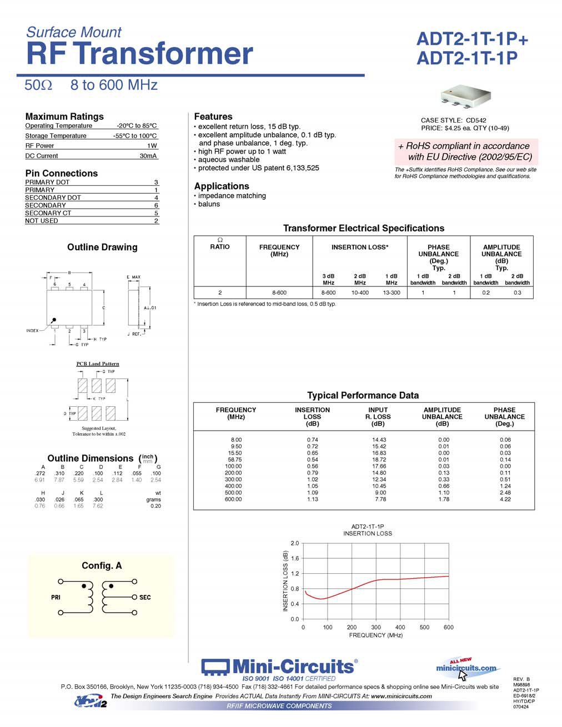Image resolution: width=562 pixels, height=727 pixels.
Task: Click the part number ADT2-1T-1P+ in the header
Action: click(472, 39)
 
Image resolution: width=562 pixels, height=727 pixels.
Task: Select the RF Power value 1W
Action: click(152, 146)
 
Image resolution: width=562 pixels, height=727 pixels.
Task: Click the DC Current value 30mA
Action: click(148, 156)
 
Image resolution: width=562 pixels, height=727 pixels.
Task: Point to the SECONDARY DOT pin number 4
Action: click(156, 198)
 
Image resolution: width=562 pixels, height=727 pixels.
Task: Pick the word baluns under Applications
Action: click(209, 204)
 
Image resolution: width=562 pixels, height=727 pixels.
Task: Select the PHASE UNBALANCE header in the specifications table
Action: click(438, 254)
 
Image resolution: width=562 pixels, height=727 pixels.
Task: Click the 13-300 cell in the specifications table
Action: click(391, 292)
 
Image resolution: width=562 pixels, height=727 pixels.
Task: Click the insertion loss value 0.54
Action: click(313, 460)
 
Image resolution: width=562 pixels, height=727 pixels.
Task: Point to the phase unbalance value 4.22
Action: click(505, 499)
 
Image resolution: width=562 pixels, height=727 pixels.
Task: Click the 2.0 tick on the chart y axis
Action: click(294, 543)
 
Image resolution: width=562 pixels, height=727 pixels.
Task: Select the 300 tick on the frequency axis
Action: click(376, 628)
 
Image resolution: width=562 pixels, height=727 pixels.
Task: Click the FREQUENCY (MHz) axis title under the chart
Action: click(375, 635)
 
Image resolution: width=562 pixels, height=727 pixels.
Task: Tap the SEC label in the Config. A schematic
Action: click(145, 598)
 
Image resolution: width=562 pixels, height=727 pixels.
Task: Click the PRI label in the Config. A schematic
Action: click(56, 598)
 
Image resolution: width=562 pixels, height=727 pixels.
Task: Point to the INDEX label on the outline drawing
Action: click(32, 331)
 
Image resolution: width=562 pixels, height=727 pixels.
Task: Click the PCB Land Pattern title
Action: click(98, 364)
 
